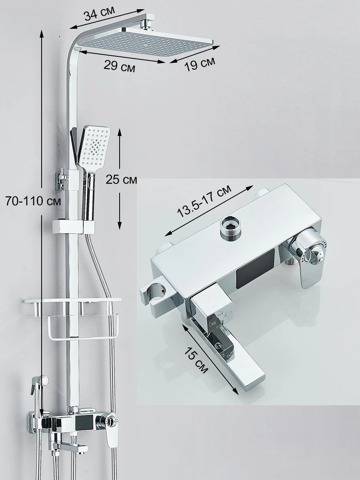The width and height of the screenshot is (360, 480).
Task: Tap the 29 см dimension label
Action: pyautogui.click(x=119, y=66)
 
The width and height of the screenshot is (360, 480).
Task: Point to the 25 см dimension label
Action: pyautogui.click(x=121, y=180)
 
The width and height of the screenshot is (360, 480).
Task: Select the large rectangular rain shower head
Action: pyautogui.click(x=148, y=42)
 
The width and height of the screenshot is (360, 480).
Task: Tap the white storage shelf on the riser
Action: pyautogui.click(x=72, y=301)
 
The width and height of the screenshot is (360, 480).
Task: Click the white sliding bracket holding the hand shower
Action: pyautogui.click(x=74, y=226)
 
